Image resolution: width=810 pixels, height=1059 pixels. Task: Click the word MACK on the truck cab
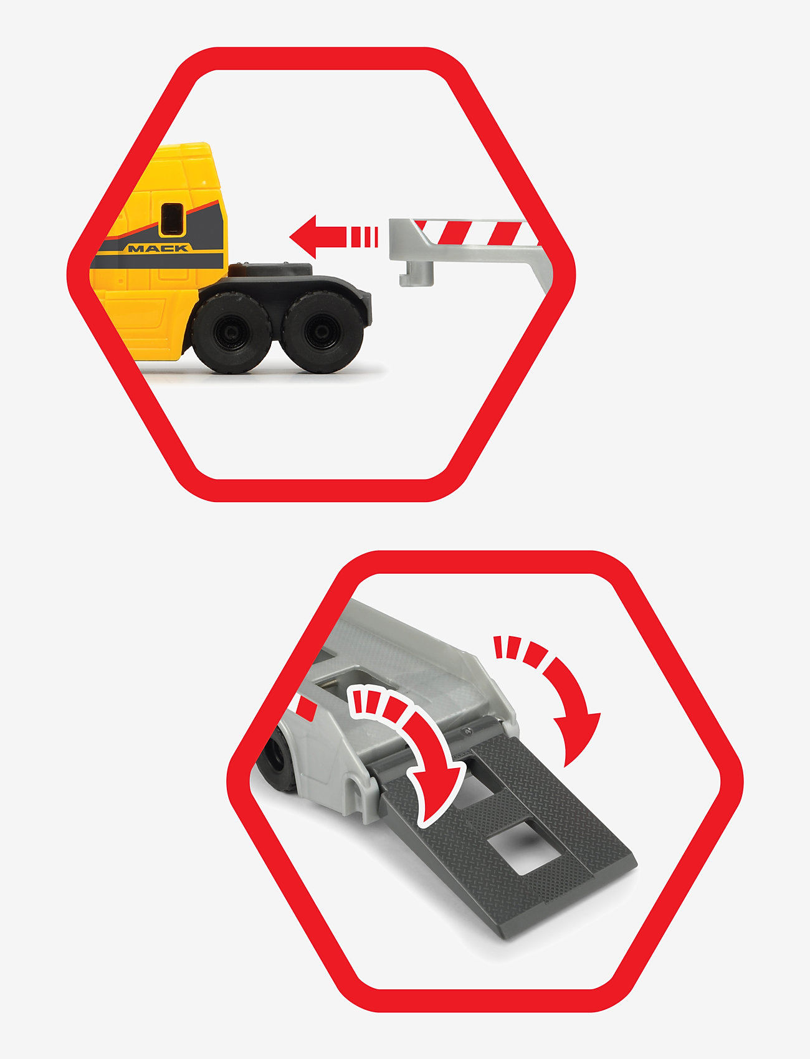tap(158, 248)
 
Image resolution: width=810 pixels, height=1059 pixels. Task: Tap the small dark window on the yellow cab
tap(173, 219)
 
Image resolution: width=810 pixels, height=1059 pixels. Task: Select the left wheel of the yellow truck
tap(231, 331)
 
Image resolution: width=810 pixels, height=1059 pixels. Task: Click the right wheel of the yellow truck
tap(322, 331)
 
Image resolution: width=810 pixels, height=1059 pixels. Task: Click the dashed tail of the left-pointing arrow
tap(364, 237)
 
